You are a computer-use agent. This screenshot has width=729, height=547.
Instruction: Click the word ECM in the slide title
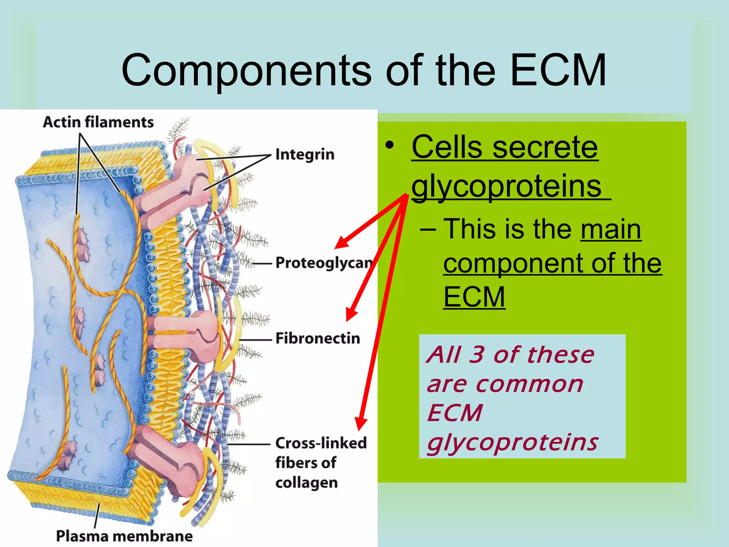point(558,70)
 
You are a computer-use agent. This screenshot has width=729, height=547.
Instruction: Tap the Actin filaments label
point(98,122)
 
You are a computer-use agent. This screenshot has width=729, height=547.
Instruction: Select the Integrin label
point(305,155)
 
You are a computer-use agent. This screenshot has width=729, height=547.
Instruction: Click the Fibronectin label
point(318,338)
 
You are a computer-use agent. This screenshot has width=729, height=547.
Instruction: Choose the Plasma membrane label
point(124,536)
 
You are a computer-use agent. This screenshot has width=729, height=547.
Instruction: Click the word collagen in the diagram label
point(306,483)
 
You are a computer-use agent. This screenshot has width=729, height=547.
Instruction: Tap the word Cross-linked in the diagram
point(321,443)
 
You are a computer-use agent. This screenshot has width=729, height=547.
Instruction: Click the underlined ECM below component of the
point(474,297)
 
